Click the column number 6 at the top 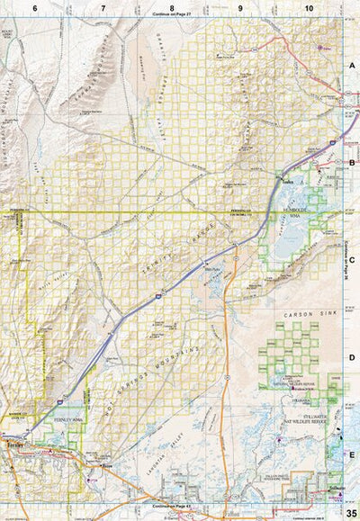pyautogui.click(x=35, y=7)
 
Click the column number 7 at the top pyautogui.click(x=103, y=7)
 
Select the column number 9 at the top pyautogui.click(x=240, y=7)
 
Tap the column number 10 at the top pyautogui.click(x=309, y=7)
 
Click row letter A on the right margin pyautogui.click(x=352, y=67)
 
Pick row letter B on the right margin pyautogui.click(x=352, y=163)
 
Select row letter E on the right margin pyautogui.click(x=352, y=454)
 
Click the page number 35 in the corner pyautogui.click(x=350, y=512)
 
